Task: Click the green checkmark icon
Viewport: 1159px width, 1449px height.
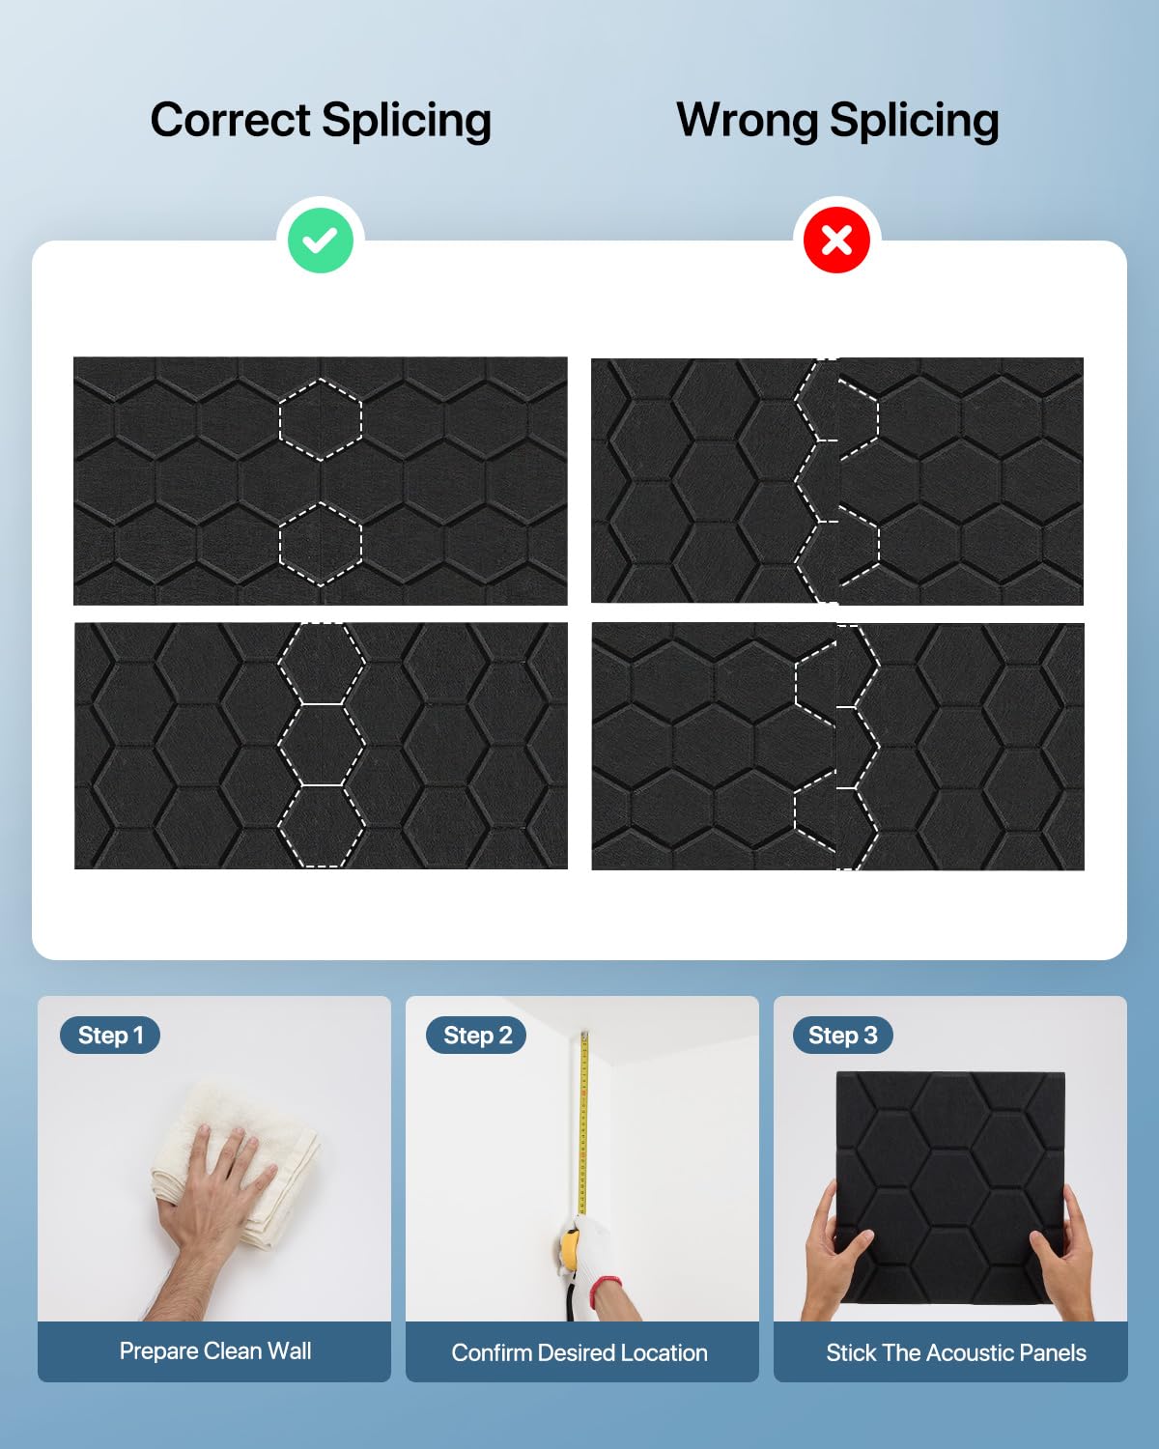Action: [x=321, y=241]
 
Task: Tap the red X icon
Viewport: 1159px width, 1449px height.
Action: [x=837, y=240]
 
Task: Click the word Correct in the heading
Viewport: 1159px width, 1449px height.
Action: [x=230, y=120]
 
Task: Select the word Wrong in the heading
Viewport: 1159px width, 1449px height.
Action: [x=747, y=121]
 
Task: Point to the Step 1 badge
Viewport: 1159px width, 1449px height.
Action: [x=110, y=1035]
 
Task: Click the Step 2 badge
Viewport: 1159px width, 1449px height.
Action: [x=477, y=1035]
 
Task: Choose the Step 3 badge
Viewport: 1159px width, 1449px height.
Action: [x=842, y=1035]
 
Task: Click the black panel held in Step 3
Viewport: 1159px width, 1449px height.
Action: [x=950, y=1195]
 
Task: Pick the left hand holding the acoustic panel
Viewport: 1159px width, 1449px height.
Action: [x=836, y=1252]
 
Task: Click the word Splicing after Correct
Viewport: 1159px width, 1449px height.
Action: [x=406, y=122]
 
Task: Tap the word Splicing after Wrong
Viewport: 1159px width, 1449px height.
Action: [x=914, y=122]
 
